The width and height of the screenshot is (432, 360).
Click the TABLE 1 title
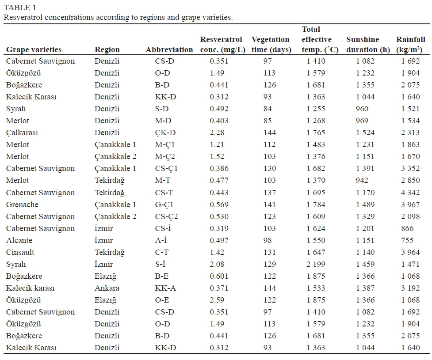[x=20, y=8]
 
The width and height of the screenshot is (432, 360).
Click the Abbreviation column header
[x=169, y=49]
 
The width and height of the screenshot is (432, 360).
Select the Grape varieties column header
[x=34, y=49]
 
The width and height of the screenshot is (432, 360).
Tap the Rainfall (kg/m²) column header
[x=410, y=45]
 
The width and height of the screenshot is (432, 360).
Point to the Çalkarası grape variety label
[x=22, y=133]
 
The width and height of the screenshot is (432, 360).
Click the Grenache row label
[x=22, y=205]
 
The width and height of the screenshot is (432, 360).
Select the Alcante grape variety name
[x=19, y=240]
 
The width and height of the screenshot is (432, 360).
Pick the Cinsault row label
[x=20, y=252]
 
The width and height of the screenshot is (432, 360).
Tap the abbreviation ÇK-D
[x=165, y=133]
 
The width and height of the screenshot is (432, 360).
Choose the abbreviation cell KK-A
[x=165, y=288]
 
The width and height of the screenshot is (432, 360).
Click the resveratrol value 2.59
[x=217, y=300]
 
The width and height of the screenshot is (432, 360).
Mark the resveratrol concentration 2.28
[x=217, y=133]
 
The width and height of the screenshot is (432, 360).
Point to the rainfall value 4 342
[x=410, y=193]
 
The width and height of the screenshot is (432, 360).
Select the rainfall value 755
[x=407, y=240]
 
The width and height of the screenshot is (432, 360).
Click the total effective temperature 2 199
[x=316, y=264]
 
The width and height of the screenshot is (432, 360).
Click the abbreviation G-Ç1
[x=165, y=205]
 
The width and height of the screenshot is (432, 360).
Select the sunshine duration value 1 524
[x=365, y=133]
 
